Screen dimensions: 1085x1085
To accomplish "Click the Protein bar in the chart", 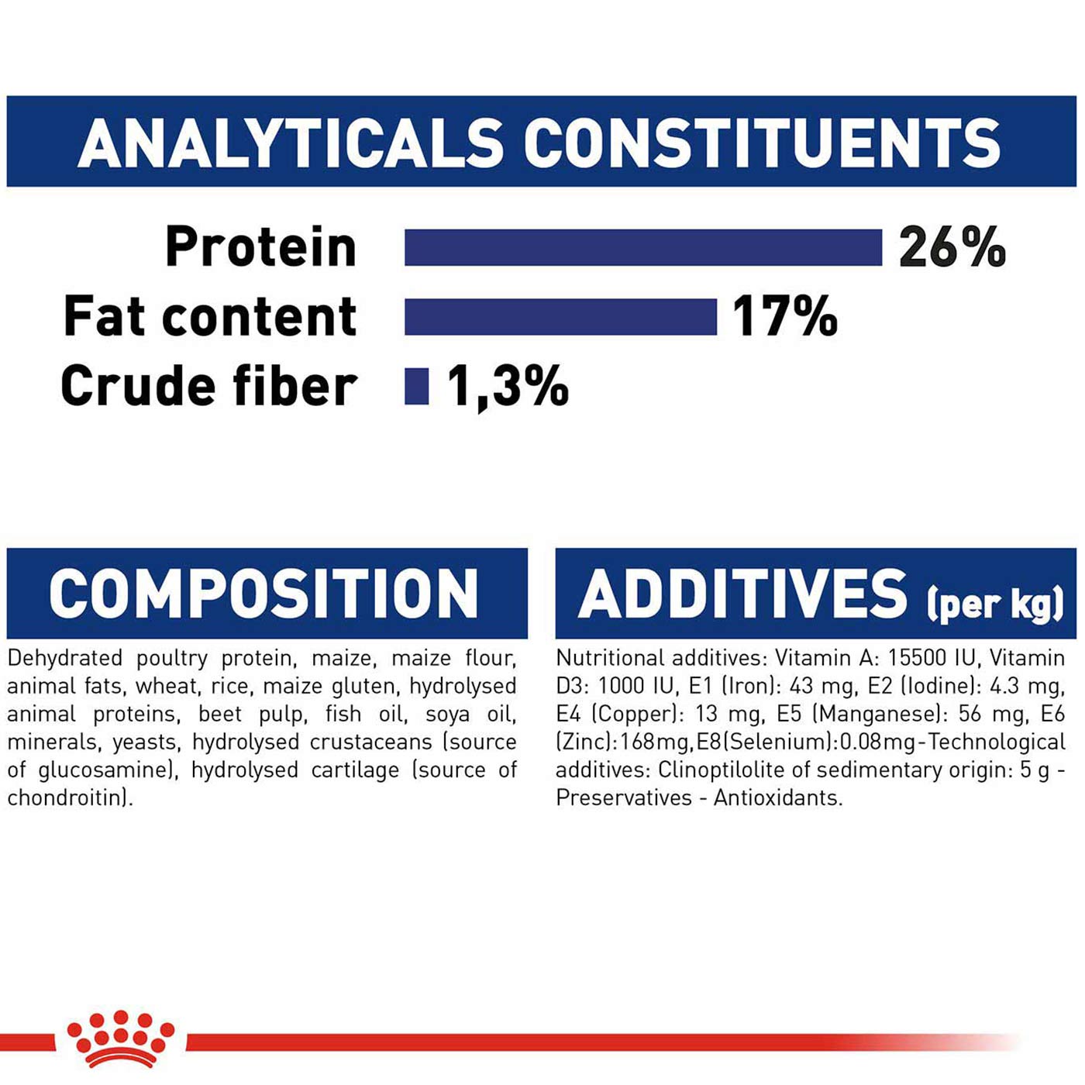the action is pyautogui.click(x=643, y=247).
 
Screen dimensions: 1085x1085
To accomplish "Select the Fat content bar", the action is pyautogui.click(x=561, y=317).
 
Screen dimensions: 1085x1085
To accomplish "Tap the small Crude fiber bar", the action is pyautogui.click(x=417, y=386).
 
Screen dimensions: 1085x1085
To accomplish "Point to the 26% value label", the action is pyautogui.click(x=952, y=247).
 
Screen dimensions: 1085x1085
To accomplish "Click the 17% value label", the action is pyautogui.click(x=785, y=317).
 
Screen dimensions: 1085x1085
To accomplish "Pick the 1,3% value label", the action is pyautogui.click(x=508, y=387).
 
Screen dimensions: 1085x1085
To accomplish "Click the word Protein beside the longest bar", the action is pyautogui.click(x=261, y=247).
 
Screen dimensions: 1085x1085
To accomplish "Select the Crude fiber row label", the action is pyautogui.click(x=209, y=386).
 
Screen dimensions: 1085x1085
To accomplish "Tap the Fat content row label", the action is pyautogui.click(x=210, y=317).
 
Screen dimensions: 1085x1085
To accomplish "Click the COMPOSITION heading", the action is pyautogui.click(x=263, y=594).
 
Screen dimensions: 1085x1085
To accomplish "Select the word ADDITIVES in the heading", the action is pyautogui.click(x=742, y=594).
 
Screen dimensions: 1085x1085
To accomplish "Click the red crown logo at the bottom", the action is pyautogui.click(x=120, y=1038).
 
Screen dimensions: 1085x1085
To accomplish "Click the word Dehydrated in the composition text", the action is pyautogui.click(x=65, y=658).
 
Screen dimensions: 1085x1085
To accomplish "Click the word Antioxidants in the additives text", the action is pyautogui.click(x=778, y=797).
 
